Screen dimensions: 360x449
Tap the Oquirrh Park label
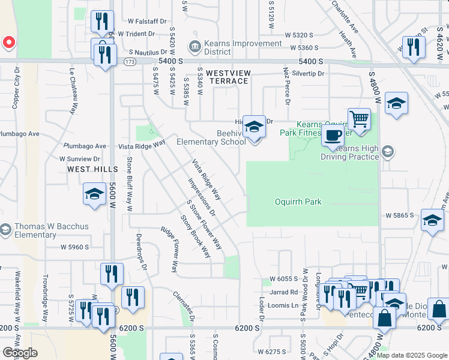point(299,202)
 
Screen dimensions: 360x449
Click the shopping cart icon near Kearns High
point(359,119)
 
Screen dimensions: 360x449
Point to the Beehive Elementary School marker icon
point(254,127)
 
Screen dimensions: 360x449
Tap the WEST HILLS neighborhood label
point(92,169)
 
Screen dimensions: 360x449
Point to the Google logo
point(20,353)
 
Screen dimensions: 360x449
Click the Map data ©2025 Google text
point(412,355)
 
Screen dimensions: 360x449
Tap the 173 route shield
point(129,61)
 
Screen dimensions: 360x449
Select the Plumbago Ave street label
point(85,146)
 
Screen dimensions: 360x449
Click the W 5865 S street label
point(400,215)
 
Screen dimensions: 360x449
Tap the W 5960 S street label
point(74,247)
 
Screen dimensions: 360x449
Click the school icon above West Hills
point(94,194)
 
